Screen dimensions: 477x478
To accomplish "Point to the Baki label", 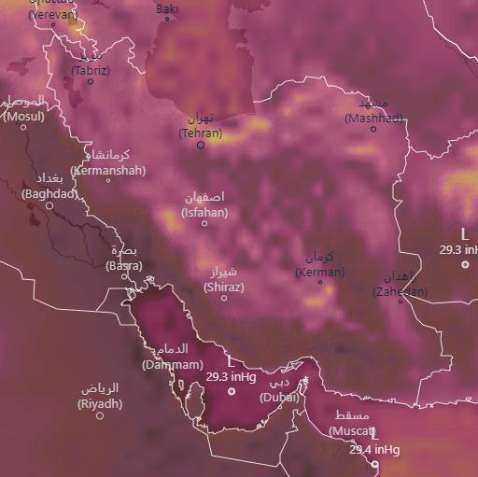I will pyautogui.click(x=167, y=10).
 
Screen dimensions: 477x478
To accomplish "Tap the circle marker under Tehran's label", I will pyautogui.click(x=200, y=145).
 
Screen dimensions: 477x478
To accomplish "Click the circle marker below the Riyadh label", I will pyautogui.click(x=100, y=415).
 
